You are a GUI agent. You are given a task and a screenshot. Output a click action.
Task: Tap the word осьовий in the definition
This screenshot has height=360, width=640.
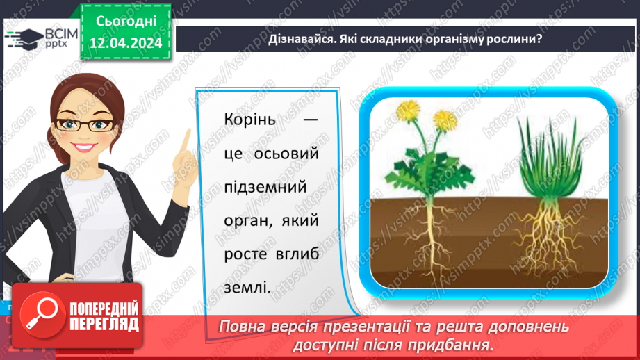[x=286, y=154]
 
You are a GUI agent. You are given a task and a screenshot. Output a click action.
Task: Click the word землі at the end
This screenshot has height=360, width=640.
[x=247, y=288]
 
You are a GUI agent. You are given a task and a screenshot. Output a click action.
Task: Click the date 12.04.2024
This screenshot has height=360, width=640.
[x=126, y=43]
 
